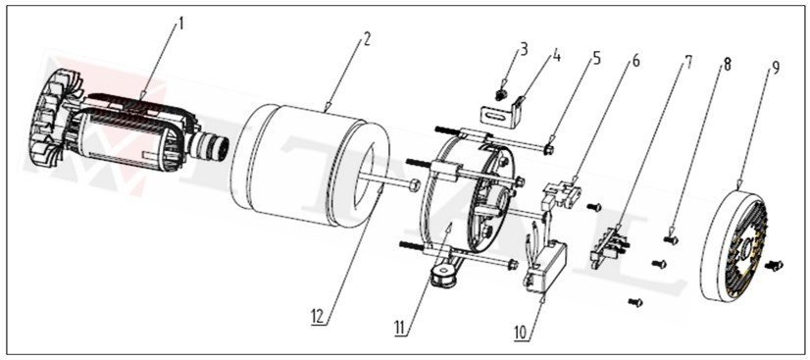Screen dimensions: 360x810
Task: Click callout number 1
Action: pos(179,23)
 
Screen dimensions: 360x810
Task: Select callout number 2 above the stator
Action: pos(365,40)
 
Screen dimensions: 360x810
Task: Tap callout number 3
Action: pos(525,49)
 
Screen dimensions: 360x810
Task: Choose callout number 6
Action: pos(635,61)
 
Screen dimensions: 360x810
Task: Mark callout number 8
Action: pos(728,66)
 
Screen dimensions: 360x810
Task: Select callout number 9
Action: pos(776,69)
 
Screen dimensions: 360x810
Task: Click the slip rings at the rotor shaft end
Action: pos(214,152)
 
